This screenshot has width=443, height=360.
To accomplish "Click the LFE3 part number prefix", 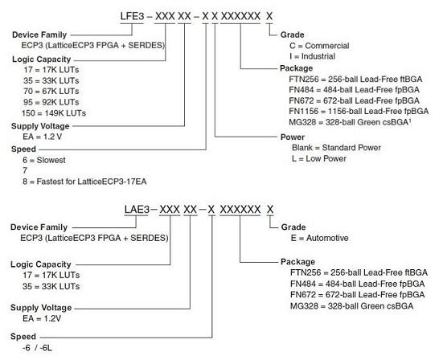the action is pyautogui.click(x=132, y=16).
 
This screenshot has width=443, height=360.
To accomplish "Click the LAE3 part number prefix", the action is pyautogui.click(x=137, y=210).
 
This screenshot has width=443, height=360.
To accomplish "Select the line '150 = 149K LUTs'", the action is pyautogui.click(x=54, y=113).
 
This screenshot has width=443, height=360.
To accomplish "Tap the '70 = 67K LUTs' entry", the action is pyautogui.click(x=51, y=91).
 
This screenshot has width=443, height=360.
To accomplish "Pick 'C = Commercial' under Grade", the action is pyautogui.click(x=319, y=46).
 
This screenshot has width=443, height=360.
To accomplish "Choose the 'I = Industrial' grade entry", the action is pyautogui.click(x=312, y=56).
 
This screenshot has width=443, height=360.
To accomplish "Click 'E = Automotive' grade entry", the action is pyautogui.click(x=319, y=238).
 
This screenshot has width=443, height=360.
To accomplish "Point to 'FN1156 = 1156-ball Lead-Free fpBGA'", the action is pyautogui.click(x=359, y=111).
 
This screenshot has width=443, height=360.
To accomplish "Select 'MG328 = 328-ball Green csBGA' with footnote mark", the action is pyautogui.click(x=350, y=122).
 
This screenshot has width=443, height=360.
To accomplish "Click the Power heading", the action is pyautogui.click(x=293, y=137).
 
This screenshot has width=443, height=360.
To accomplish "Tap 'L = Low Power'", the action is pyautogui.click(x=319, y=158).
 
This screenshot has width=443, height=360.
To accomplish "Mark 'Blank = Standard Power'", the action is pyautogui.click(x=336, y=148).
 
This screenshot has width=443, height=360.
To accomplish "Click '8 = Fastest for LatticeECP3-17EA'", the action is pyautogui.click(x=84, y=182).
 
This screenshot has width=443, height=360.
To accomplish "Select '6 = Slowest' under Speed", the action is pyautogui.click(x=44, y=160).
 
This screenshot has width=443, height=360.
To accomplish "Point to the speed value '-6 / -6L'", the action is pyautogui.click(x=37, y=348).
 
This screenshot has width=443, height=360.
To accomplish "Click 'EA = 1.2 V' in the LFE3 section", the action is pyautogui.click(x=43, y=137).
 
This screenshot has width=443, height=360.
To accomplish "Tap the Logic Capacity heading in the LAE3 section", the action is pyautogui.click(x=41, y=264).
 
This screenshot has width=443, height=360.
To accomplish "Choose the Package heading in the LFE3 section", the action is pyautogui.click(x=296, y=68).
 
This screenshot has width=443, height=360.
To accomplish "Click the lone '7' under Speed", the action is pyautogui.click(x=25, y=170).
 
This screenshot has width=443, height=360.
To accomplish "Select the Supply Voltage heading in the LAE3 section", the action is pyautogui.click(x=41, y=308).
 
